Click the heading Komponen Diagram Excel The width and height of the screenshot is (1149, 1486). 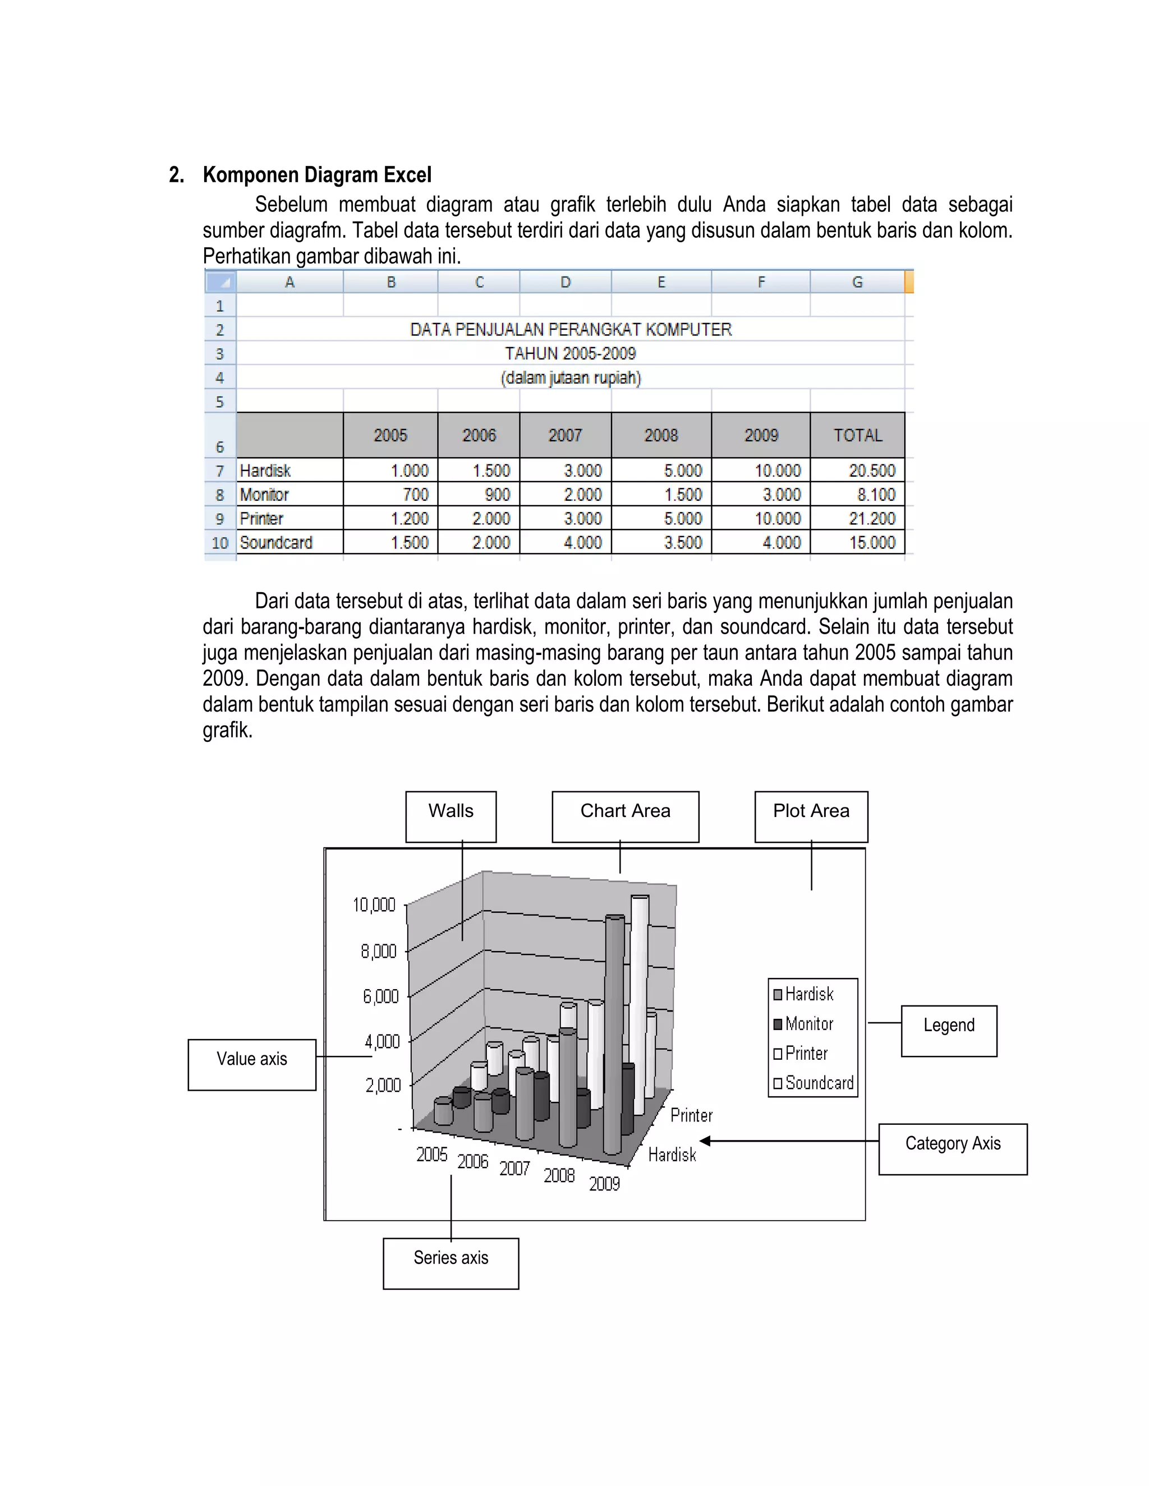(316, 175)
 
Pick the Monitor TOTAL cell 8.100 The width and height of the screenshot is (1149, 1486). (875, 495)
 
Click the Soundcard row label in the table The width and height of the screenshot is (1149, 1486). (275, 543)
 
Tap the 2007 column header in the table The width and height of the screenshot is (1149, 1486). (565, 436)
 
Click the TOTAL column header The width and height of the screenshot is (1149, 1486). (857, 436)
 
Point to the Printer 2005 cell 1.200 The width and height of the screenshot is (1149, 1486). (408, 519)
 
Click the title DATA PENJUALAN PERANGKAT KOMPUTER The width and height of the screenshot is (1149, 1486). (571, 330)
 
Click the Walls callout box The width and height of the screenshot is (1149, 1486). (451, 816)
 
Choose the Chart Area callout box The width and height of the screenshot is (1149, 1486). (625, 816)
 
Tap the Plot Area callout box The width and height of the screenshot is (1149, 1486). (811, 816)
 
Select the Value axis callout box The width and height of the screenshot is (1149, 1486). (252, 1064)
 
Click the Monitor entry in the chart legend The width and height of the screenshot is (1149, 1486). (808, 1024)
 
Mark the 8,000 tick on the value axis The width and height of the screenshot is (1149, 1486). (379, 951)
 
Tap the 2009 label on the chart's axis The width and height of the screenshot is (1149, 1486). (604, 1184)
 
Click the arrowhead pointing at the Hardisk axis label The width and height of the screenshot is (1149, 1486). (705, 1141)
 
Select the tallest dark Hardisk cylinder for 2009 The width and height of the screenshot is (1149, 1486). (613, 1034)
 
